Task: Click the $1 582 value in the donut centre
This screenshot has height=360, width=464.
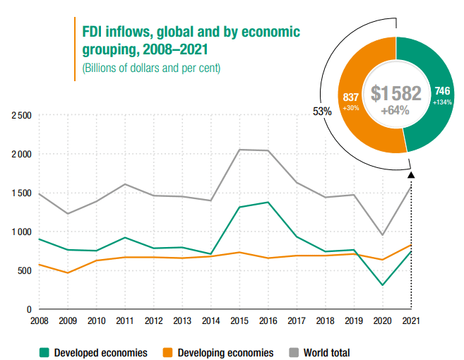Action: [x=395, y=93]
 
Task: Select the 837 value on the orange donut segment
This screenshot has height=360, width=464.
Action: [x=350, y=96]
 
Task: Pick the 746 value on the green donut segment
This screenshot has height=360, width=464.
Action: [x=442, y=91]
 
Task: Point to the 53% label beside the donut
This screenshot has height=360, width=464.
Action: [x=322, y=111]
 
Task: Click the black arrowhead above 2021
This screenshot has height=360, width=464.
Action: [x=412, y=174]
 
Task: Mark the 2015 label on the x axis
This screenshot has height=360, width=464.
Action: [x=239, y=322]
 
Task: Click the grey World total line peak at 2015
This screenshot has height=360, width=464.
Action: [x=239, y=150]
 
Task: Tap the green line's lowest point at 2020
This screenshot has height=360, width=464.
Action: [x=383, y=285]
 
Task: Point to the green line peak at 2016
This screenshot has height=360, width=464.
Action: [x=268, y=203]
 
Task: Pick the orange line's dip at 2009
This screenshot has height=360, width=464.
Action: [x=67, y=272]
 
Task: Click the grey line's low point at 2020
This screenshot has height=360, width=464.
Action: [x=383, y=235]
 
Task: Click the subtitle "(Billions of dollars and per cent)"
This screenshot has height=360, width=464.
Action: [x=151, y=68]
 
